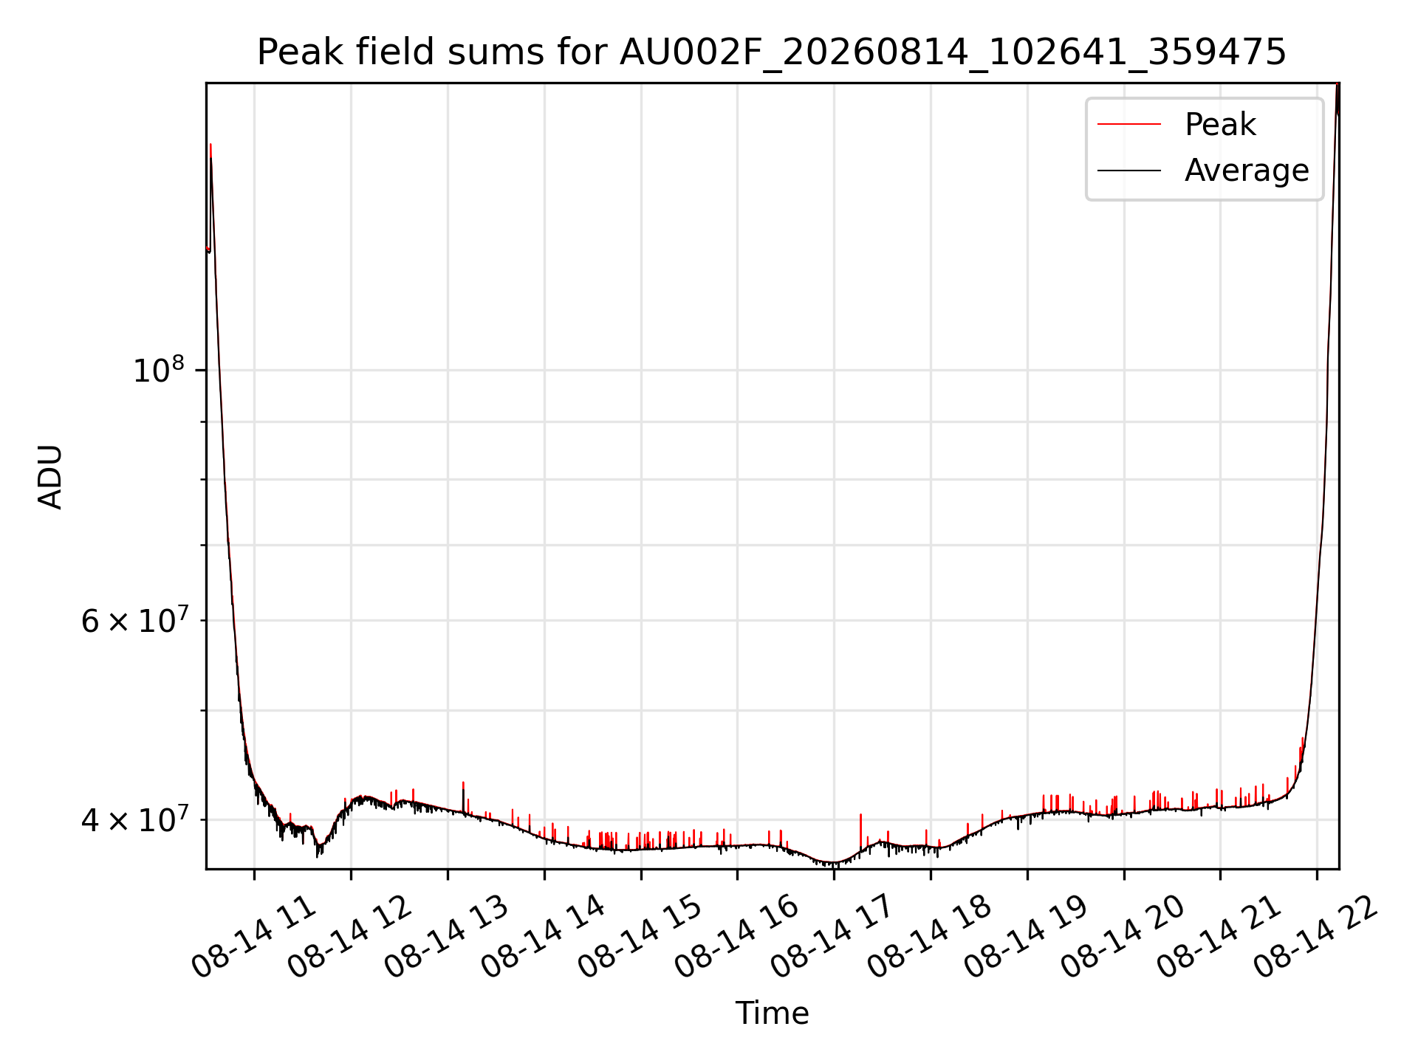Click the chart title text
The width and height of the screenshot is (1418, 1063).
(x=772, y=52)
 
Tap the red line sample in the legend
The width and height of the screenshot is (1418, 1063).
(x=1129, y=125)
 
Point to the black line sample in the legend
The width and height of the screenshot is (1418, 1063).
(x=1129, y=171)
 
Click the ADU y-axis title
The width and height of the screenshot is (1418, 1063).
(x=50, y=477)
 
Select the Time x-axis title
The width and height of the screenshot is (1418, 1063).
(x=772, y=1013)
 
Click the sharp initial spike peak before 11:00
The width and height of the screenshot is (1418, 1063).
(x=210, y=145)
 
